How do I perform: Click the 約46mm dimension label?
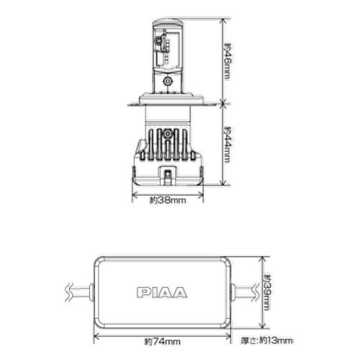click(x=228, y=61)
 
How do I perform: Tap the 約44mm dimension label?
click(x=228, y=145)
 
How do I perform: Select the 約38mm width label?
click(x=168, y=200)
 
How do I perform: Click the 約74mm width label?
click(x=162, y=341)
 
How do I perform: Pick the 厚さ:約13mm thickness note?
click(x=266, y=341)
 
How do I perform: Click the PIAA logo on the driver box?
click(x=162, y=292)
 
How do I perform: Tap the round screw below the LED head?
click(x=168, y=81)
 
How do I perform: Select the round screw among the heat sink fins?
click(x=168, y=133)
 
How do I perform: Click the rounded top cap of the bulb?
click(x=168, y=23)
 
